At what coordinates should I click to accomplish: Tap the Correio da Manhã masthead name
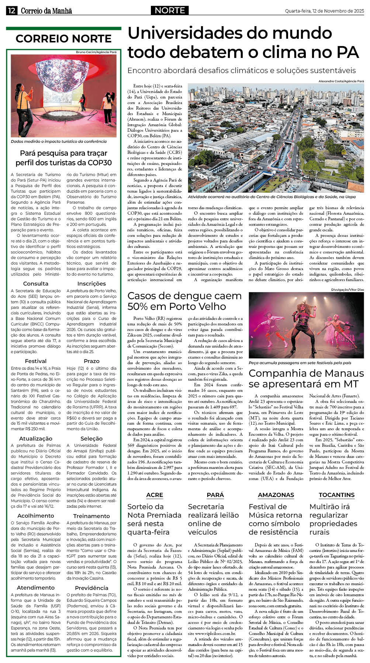pyautogui.click(x=46, y=11)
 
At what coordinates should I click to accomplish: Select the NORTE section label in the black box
pyautogui.click(x=170, y=10)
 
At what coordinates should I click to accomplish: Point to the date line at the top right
pyautogui.click(x=324, y=11)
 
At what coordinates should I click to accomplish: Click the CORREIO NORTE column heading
pyautogui.click(x=63, y=39)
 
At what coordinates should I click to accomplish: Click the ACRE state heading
pyautogui.click(x=155, y=495)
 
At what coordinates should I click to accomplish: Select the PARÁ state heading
pyautogui.click(x=215, y=495)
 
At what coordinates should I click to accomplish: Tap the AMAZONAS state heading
pyautogui.click(x=276, y=495)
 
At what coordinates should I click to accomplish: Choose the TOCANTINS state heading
pyautogui.click(x=336, y=495)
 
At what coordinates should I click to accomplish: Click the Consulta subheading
pyautogui.click(x=36, y=283)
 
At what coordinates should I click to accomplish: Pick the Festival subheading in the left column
pyautogui.click(x=36, y=361)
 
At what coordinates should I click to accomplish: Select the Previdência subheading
pyautogui.click(x=91, y=588)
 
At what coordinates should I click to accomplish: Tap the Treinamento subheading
pyautogui.click(x=91, y=515)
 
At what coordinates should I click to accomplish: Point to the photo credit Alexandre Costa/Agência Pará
pyautogui.click(x=341, y=81)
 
